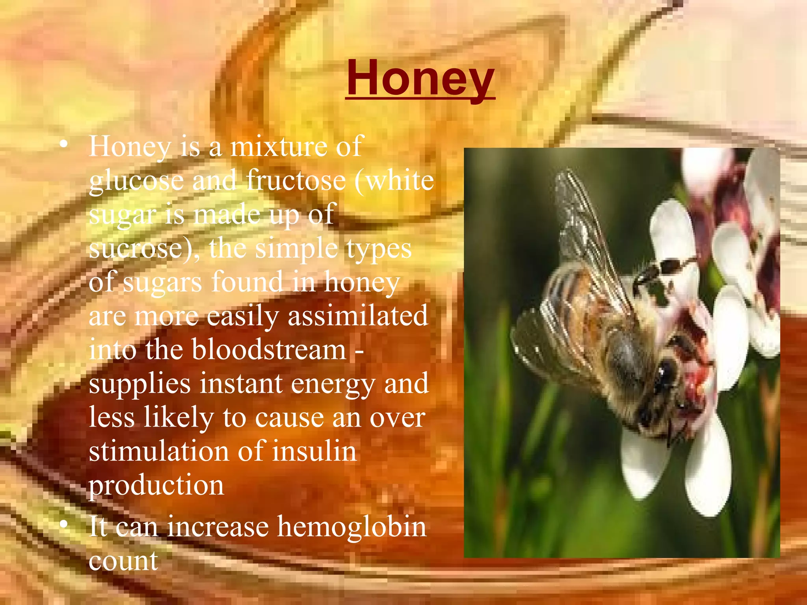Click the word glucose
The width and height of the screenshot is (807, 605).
[x=136, y=181]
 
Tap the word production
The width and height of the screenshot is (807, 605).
[x=156, y=486]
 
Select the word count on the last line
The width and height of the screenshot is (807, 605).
[x=123, y=561]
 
